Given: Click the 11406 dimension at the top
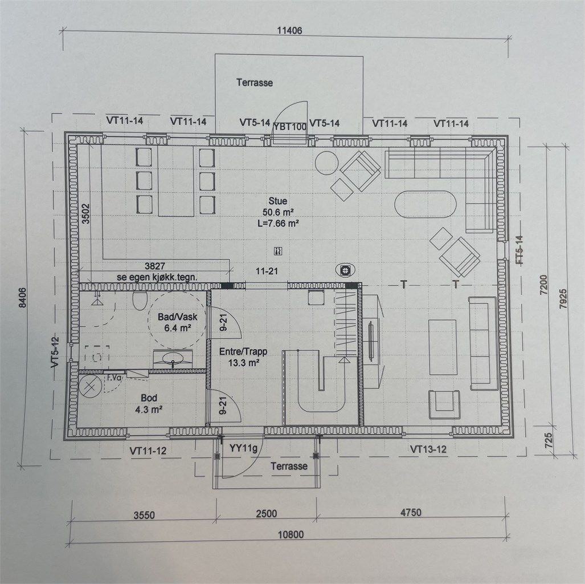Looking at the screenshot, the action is coord(289,31).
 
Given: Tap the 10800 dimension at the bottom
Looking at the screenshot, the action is coord(291,535).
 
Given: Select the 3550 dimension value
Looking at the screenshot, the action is coord(144,515).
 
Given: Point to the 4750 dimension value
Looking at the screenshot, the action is coord(411,512).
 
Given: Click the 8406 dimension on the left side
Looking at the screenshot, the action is coord(23,297).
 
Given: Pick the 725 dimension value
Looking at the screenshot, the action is coord(548,441).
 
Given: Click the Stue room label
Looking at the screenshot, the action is coord(278,201).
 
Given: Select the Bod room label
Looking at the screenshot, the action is coord(149,398).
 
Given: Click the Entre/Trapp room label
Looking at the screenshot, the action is coord(243,351).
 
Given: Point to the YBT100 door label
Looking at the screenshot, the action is coord(290,127).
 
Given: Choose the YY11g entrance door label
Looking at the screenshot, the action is coord(243,448).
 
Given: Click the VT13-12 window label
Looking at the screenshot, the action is coord(428,449).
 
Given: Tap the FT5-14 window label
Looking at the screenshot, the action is coord(519,250).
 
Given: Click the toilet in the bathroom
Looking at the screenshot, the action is coord(140,301).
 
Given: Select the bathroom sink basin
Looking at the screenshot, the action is coord(173,358).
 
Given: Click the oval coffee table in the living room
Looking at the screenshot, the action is coord(426,204).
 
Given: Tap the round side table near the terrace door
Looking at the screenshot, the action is coord(327,163).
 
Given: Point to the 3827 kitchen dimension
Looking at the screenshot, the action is coord(154,266).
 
